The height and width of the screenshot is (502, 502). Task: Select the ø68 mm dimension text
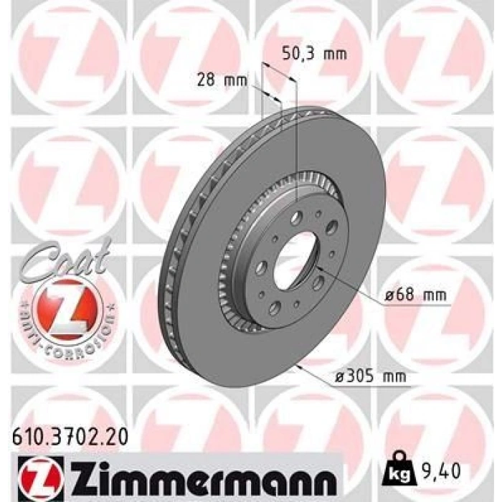pyautogui.click(x=414, y=294)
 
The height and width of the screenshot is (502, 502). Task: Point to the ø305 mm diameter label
pyautogui.click(x=371, y=375)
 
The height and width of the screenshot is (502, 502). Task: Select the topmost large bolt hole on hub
pyautogui.click(x=296, y=218)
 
